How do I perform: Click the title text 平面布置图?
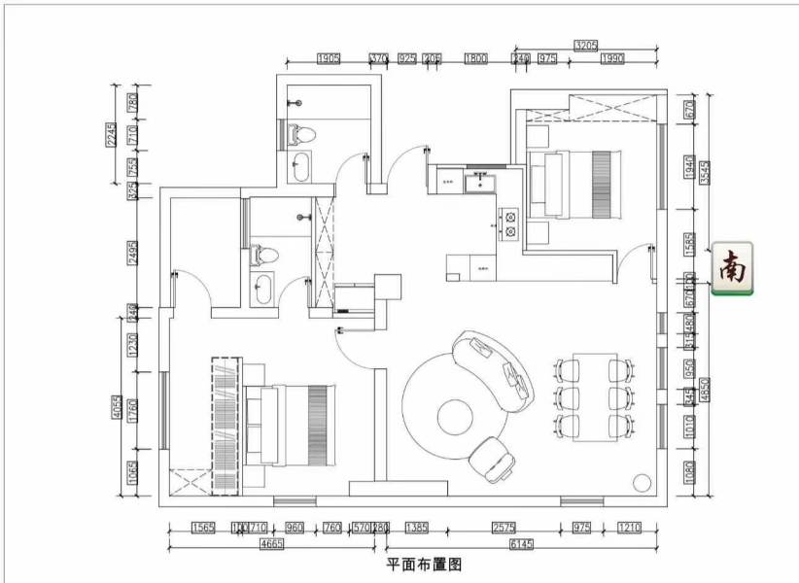[423, 564]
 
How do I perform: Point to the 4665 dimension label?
[273, 544]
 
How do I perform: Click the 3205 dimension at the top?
[586, 45]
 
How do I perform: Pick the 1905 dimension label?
[329, 59]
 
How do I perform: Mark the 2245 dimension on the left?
[112, 134]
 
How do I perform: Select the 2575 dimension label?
[503, 529]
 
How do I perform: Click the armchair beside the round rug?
[494, 458]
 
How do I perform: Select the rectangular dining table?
[594, 396]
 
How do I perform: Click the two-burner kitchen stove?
[509, 225]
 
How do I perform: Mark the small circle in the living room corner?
[641, 482]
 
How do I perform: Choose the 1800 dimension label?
[475, 59]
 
